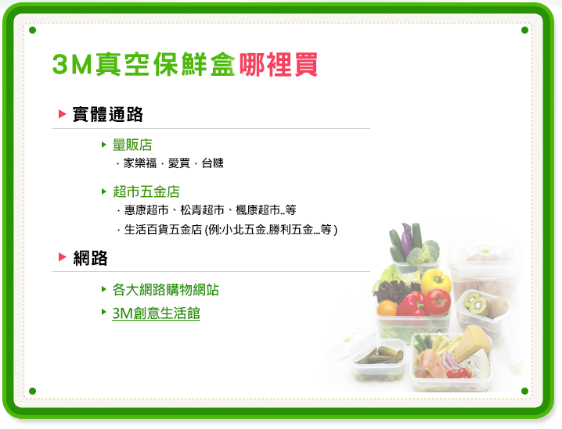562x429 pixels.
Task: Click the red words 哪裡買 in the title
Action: (279, 65)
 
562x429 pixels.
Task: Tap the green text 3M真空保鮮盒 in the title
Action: (144, 65)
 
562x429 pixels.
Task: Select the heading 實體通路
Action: (108, 115)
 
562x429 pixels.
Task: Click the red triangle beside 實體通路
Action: (63, 114)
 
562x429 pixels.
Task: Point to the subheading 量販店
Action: (132, 145)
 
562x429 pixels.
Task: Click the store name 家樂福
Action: (140, 163)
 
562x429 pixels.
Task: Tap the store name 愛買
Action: (178, 163)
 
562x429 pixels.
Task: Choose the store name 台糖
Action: (213, 163)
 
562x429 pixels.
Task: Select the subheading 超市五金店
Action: (146, 191)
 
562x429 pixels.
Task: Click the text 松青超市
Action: (202, 210)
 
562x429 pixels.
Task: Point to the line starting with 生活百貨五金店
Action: (230, 230)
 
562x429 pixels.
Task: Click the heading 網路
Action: (90, 258)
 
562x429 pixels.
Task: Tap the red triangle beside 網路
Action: (63, 256)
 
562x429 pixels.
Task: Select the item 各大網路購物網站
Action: (166, 290)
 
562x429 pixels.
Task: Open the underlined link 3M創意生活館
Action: (156, 313)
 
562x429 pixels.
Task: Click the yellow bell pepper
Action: (435, 281)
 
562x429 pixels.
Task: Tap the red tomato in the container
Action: (438, 302)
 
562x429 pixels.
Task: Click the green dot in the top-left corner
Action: (32, 30)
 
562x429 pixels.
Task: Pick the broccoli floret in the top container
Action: (427, 252)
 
